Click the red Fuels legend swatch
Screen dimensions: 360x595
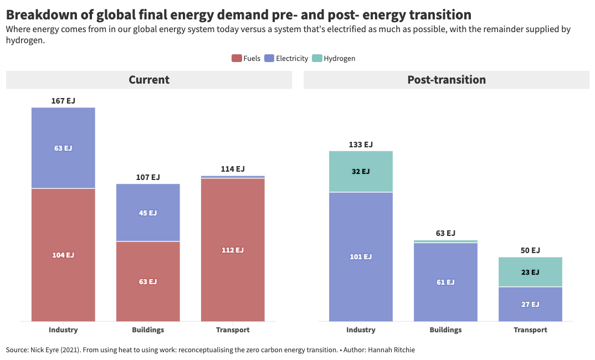pos(237,58)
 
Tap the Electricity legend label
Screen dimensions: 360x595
pos(291,58)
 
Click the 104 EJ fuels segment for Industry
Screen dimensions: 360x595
pos(63,255)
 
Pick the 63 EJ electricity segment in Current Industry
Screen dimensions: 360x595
pos(63,148)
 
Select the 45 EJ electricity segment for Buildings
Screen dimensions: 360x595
pos(148,213)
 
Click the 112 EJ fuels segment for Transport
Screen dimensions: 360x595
pos(233,250)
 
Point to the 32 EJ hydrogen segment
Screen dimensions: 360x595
pos(361,171)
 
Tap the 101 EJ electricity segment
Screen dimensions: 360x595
pos(361,256)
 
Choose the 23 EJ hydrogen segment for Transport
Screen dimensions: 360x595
pos(530,272)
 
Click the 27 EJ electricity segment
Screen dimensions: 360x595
pos(530,304)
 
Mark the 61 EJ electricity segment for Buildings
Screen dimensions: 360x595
pos(445,282)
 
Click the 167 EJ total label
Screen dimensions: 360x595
pos(63,101)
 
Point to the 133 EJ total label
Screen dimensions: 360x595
pos(361,145)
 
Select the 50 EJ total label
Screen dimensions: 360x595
pos(530,250)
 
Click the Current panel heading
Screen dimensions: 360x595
pos(149,80)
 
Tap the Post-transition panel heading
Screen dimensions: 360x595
pos(447,80)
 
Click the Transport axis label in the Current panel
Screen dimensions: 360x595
pos(233,330)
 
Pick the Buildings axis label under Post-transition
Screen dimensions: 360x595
pos(445,330)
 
